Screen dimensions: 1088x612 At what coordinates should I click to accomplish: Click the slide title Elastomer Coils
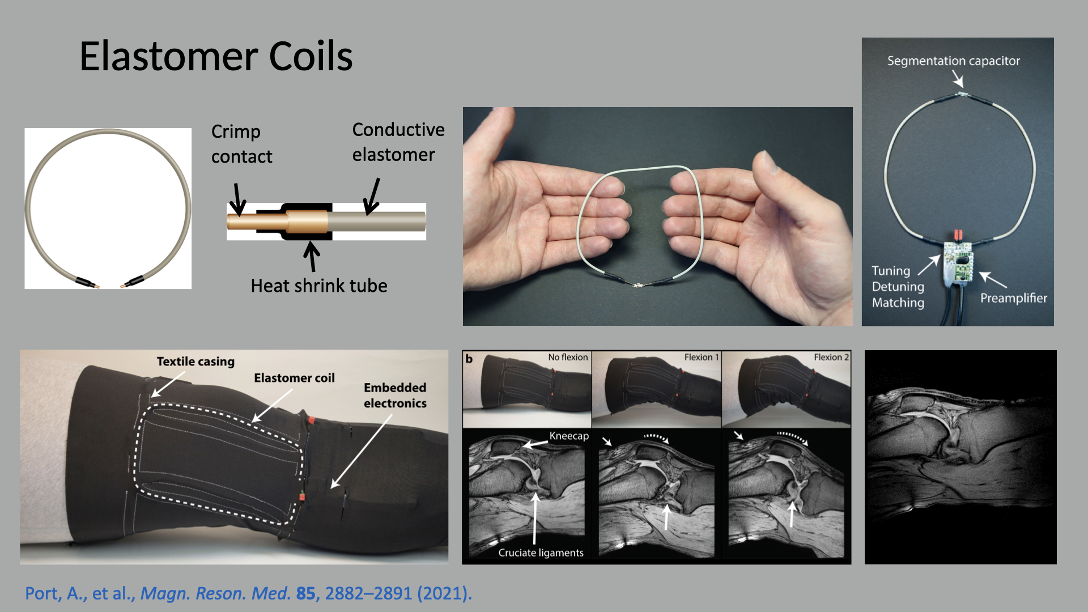(x=216, y=57)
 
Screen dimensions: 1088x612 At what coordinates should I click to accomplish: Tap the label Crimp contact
(x=241, y=144)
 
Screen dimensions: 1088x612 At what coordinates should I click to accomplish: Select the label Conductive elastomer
(x=398, y=142)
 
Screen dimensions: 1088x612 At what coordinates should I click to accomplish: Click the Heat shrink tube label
(x=319, y=286)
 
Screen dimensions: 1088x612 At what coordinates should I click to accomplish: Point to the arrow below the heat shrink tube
(x=311, y=256)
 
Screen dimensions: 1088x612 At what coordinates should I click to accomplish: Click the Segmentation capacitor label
(x=953, y=61)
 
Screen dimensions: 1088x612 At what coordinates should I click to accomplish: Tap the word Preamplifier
(x=1013, y=298)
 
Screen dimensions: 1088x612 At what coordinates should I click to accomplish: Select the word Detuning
(x=898, y=287)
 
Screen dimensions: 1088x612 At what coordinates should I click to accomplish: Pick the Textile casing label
(x=195, y=362)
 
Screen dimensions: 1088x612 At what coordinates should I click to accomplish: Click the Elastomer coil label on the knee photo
(x=294, y=378)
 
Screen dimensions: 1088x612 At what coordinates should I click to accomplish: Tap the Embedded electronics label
(x=395, y=395)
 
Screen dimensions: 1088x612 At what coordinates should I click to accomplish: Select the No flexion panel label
(x=568, y=357)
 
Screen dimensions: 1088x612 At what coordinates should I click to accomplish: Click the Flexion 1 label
(x=701, y=357)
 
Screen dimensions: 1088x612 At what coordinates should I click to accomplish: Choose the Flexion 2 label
(x=831, y=357)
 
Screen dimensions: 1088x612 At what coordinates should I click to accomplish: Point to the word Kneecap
(x=569, y=436)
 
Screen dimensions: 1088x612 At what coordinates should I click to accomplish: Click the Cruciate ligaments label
(x=541, y=552)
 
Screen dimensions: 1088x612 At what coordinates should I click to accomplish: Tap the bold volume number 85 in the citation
(x=305, y=593)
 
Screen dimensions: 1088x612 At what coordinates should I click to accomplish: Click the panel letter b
(x=469, y=359)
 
